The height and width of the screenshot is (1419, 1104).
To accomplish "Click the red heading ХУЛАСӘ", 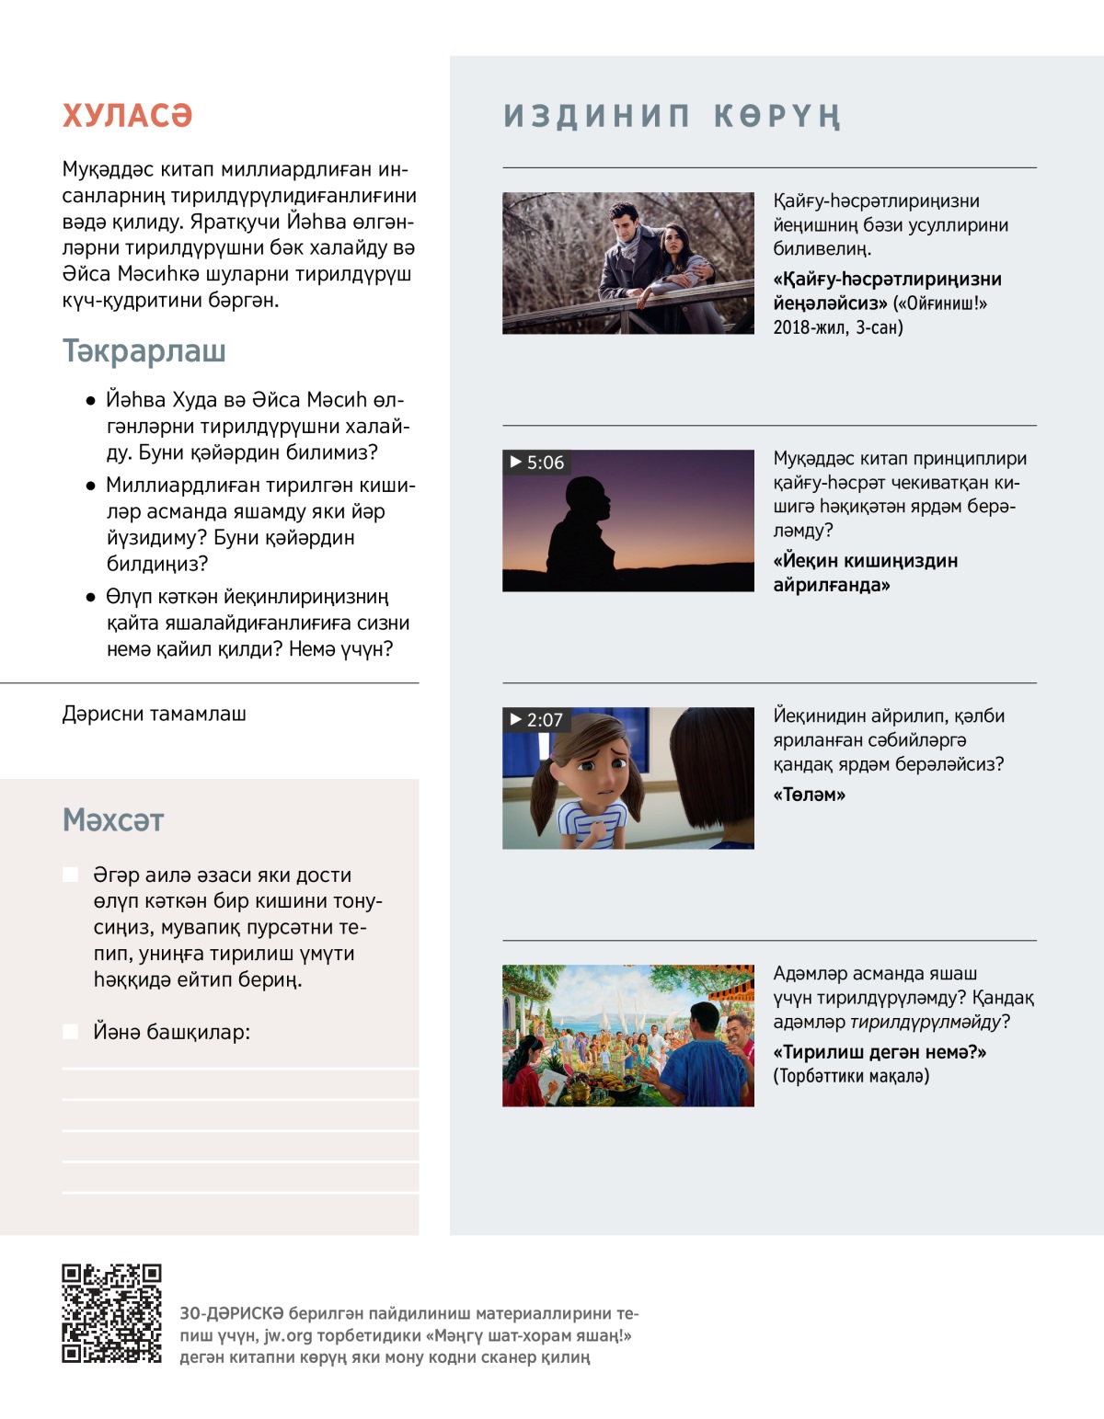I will click(x=127, y=116).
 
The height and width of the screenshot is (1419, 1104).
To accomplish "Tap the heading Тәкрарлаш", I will click(x=144, y=351).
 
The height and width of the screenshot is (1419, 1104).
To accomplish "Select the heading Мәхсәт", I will click(x=113, y=820).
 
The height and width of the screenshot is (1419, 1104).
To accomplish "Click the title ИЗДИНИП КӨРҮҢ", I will click(x=672, y=117).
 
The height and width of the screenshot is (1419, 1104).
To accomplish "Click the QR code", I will click(x=111, y=1313).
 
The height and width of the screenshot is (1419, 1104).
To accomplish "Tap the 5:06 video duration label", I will click(x=537, y=463).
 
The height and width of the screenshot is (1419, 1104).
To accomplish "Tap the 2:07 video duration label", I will click(x=536, y=720).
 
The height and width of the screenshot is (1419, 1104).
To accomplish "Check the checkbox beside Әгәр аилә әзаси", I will click(x=70, y=875).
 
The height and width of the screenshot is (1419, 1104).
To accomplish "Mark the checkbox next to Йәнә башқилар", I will click(x=70, y=1032).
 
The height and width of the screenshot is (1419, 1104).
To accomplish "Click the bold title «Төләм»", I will click(x=809, y=795).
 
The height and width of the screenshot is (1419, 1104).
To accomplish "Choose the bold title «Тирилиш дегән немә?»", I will click(x=880, y=1052).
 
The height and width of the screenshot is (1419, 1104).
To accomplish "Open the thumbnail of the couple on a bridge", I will click(x=628, y=263).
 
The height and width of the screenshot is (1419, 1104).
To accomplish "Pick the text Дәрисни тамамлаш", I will click(x=155, y=714).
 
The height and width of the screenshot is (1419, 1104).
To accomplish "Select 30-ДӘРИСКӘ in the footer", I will click(x=231, y=1313).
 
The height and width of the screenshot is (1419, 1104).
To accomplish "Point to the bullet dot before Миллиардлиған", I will click(x=90, y=486).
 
